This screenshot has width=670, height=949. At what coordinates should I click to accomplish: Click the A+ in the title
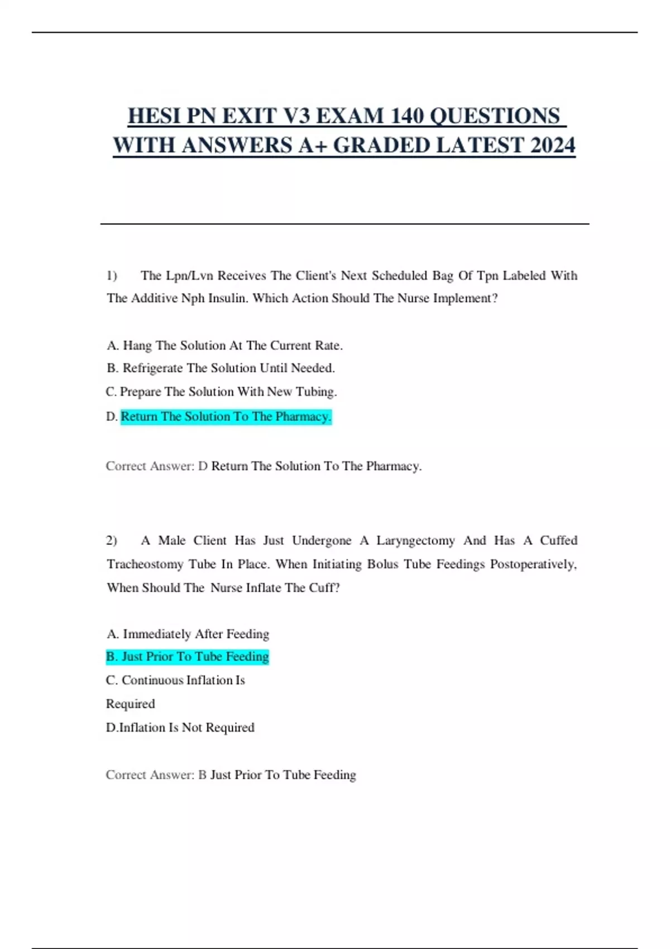(313, 145)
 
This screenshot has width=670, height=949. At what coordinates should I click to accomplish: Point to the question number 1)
(112, 275)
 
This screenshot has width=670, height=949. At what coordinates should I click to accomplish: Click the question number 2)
(112, 540)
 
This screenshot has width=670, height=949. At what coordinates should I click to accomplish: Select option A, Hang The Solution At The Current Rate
(224, 346)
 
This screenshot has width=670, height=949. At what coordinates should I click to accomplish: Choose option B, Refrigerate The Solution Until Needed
(221, 368)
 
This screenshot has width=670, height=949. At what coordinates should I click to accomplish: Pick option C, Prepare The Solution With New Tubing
(221, 392)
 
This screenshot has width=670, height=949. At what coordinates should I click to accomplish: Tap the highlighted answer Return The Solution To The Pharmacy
(226, 416)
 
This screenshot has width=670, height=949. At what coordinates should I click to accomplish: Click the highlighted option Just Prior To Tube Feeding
(188, 656)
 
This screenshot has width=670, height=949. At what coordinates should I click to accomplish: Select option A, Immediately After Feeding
(188, 634)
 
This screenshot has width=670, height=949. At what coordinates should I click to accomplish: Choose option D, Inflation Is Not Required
(180, 727)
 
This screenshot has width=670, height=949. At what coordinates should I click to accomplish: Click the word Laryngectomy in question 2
(415, 540)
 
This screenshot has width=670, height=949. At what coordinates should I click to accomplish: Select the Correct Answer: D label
(156, 466)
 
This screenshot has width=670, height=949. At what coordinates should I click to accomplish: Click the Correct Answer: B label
(156, 775)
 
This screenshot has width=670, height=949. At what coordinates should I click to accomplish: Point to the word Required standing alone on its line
(131, 704)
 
